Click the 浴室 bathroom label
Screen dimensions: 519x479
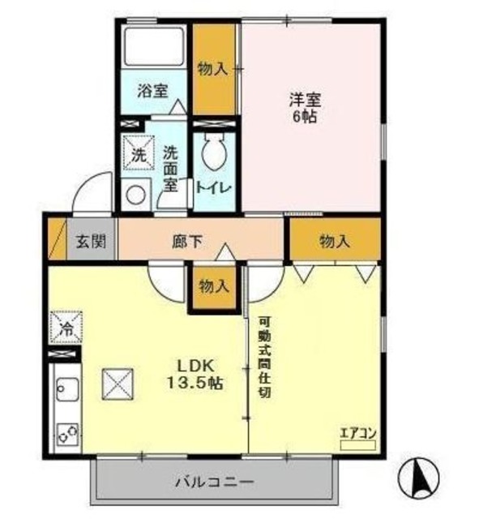coord(152,90)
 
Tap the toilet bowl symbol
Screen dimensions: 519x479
coord(215,152)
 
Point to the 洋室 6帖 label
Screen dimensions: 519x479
coord(306,108)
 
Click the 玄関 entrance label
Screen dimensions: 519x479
coord(91,241)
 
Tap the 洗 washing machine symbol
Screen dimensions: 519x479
coord(137,154)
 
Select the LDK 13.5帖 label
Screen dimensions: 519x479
coord(196,372)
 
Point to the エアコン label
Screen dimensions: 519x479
coord(357,433)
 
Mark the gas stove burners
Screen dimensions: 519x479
coord(65,434)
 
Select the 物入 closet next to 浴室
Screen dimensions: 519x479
coord(212,69)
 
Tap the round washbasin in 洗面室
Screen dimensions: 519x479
coord(135,195)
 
